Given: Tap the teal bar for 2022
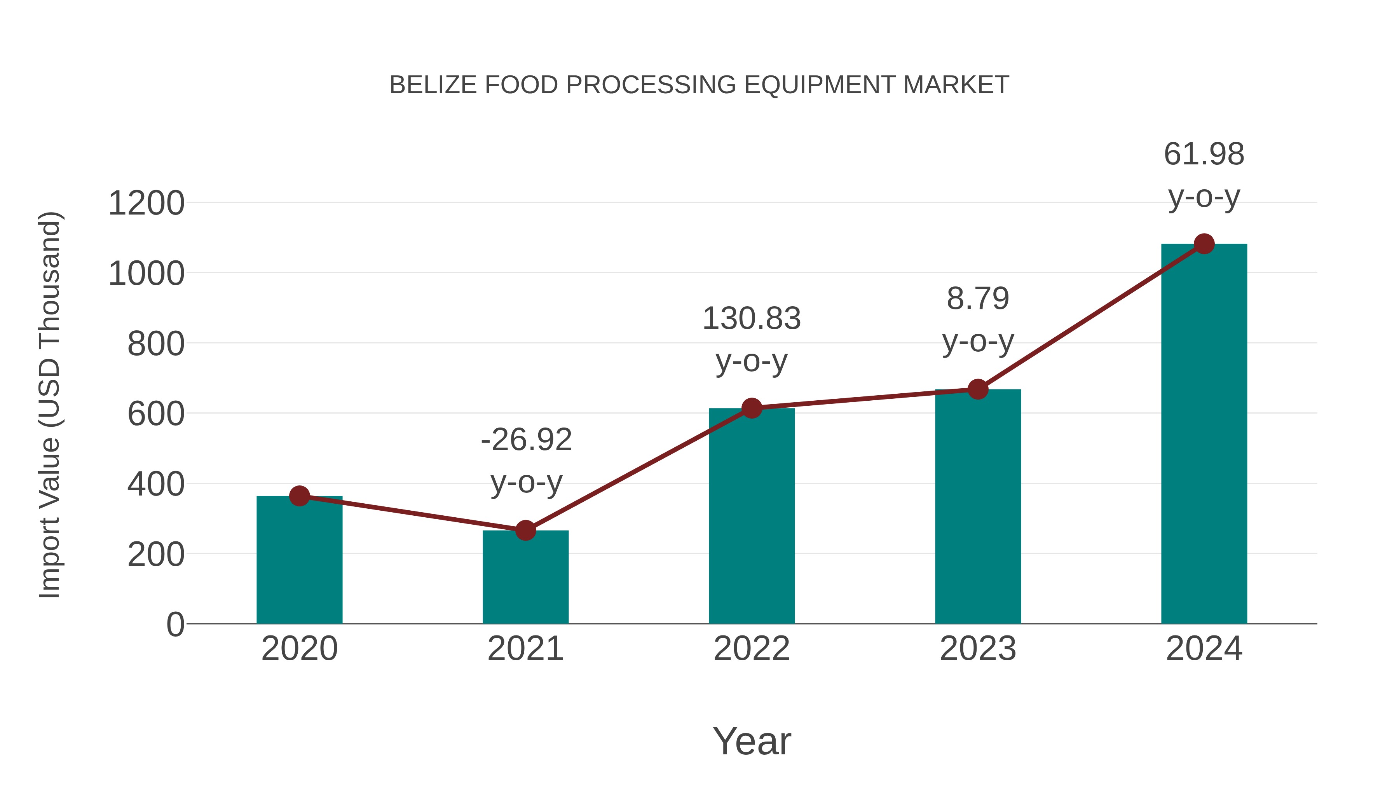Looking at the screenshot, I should coord(752,519).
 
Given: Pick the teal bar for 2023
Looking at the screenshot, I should coord(978,508).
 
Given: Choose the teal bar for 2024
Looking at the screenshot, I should coord(1204,435).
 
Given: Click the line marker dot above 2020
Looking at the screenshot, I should coord(299,496).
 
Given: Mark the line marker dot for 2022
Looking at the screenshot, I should coord(752,408).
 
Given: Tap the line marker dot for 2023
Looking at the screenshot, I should coord(978,389).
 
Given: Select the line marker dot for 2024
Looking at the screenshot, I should coord(1204,244).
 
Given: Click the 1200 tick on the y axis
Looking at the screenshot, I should coord(147,204).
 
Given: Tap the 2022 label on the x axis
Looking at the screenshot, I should coord(752,649).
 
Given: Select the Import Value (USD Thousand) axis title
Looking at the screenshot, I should coord(49,405).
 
